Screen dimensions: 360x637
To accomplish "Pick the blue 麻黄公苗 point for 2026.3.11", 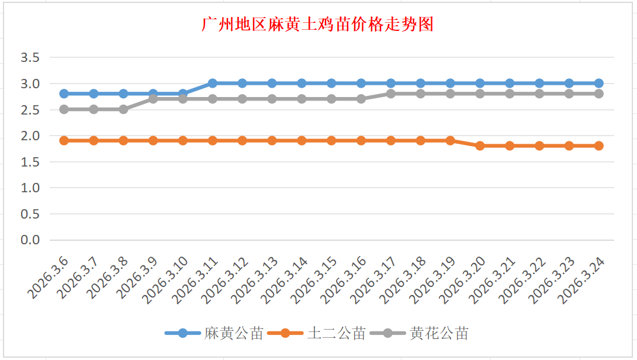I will click(213, 83).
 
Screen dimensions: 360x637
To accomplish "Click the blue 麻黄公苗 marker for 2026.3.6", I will click(64, 94).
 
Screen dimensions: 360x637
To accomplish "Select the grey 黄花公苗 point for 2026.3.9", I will click(153, 99).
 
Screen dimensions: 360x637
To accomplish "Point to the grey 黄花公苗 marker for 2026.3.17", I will click(391, 94).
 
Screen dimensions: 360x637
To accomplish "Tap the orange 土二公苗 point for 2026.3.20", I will click(480, 146).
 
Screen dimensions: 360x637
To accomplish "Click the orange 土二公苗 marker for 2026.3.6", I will click(64, 140).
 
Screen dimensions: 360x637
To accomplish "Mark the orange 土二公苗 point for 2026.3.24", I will click(598, 146).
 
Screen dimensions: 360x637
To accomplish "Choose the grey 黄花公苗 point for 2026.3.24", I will click(598, 94).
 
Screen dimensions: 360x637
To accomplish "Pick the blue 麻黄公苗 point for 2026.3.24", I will click(598, 83).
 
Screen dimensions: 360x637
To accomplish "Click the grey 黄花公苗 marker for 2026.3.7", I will click(94, 109).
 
